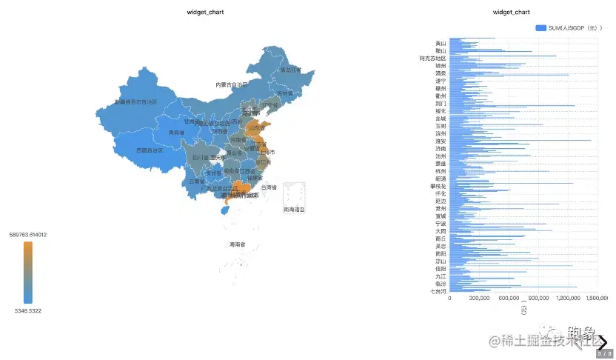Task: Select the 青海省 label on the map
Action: coord(176,133)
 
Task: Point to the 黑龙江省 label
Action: coord(290,70)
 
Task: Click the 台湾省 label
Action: coord(268,188)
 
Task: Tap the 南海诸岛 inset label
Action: coord(294,210)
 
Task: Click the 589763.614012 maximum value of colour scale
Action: coord(28,235)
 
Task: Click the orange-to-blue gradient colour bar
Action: coord(27,273)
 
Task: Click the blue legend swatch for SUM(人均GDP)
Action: coord(541,27)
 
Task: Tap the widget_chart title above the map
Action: coord(205,13)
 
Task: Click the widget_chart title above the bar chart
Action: coord(511,13)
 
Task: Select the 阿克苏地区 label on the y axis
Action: coord(432,58)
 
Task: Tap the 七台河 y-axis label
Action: coord(438,291)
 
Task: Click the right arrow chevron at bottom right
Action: coord(603,342)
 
